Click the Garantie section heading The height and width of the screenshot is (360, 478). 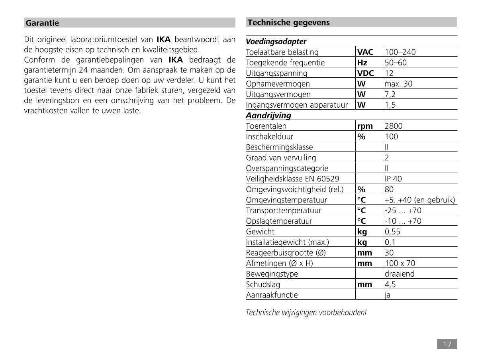[42, 23]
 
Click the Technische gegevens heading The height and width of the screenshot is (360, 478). [283, 23]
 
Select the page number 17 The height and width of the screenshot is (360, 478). [447, 344]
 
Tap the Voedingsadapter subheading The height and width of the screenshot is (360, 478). [276, 41]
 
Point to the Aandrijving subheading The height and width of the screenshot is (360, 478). [268, 116]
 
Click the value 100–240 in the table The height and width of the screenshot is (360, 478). [400, 52]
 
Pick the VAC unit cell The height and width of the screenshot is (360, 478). [365, 52]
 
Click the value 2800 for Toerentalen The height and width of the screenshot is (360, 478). [394, 126]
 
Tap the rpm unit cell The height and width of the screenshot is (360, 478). [365, 126]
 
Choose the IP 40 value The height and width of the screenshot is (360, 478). [394, 179]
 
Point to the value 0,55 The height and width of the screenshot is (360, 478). [393, 232]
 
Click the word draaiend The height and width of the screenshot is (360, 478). [400, 274]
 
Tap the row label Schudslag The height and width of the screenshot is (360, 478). [263, 285]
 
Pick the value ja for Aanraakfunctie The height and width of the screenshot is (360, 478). [388, 295]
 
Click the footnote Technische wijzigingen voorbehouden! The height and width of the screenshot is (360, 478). [306, 313]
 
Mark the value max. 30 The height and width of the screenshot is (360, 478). [399, 84]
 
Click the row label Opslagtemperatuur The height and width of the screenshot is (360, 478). [279, 221]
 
